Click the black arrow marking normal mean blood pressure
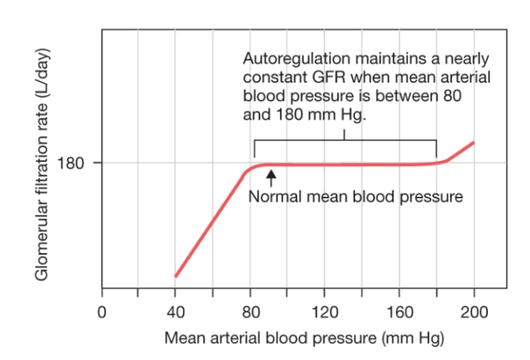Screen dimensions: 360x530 271,177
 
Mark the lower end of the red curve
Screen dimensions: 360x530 175,276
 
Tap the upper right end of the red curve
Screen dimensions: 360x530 473,142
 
